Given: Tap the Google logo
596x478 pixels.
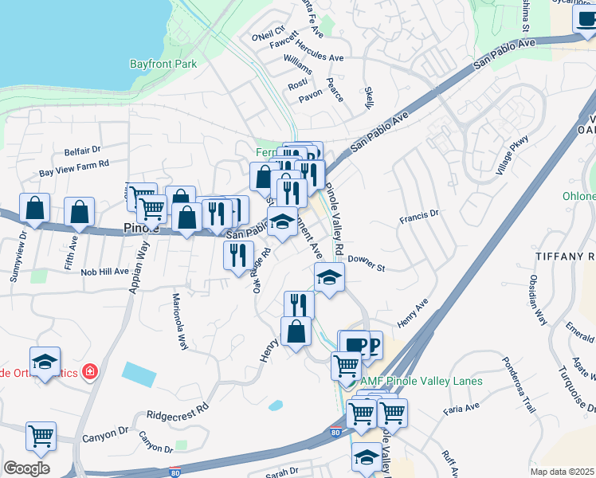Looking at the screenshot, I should coord(26,468).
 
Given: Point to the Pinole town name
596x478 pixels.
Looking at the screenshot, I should coord(141,228).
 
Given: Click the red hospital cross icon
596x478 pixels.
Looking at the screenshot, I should coord(90,371).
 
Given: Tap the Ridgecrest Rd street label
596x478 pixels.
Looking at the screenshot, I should coord(177,411).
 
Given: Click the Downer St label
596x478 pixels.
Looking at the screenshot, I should coord(367,263).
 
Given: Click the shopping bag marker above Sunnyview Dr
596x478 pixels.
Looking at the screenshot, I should coord(35,210).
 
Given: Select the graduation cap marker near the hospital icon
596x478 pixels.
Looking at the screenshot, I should coord(45,362).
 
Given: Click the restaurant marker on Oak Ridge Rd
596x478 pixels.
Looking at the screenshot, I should coord(238,256).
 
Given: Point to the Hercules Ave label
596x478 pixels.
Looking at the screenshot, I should coord(319,57).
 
